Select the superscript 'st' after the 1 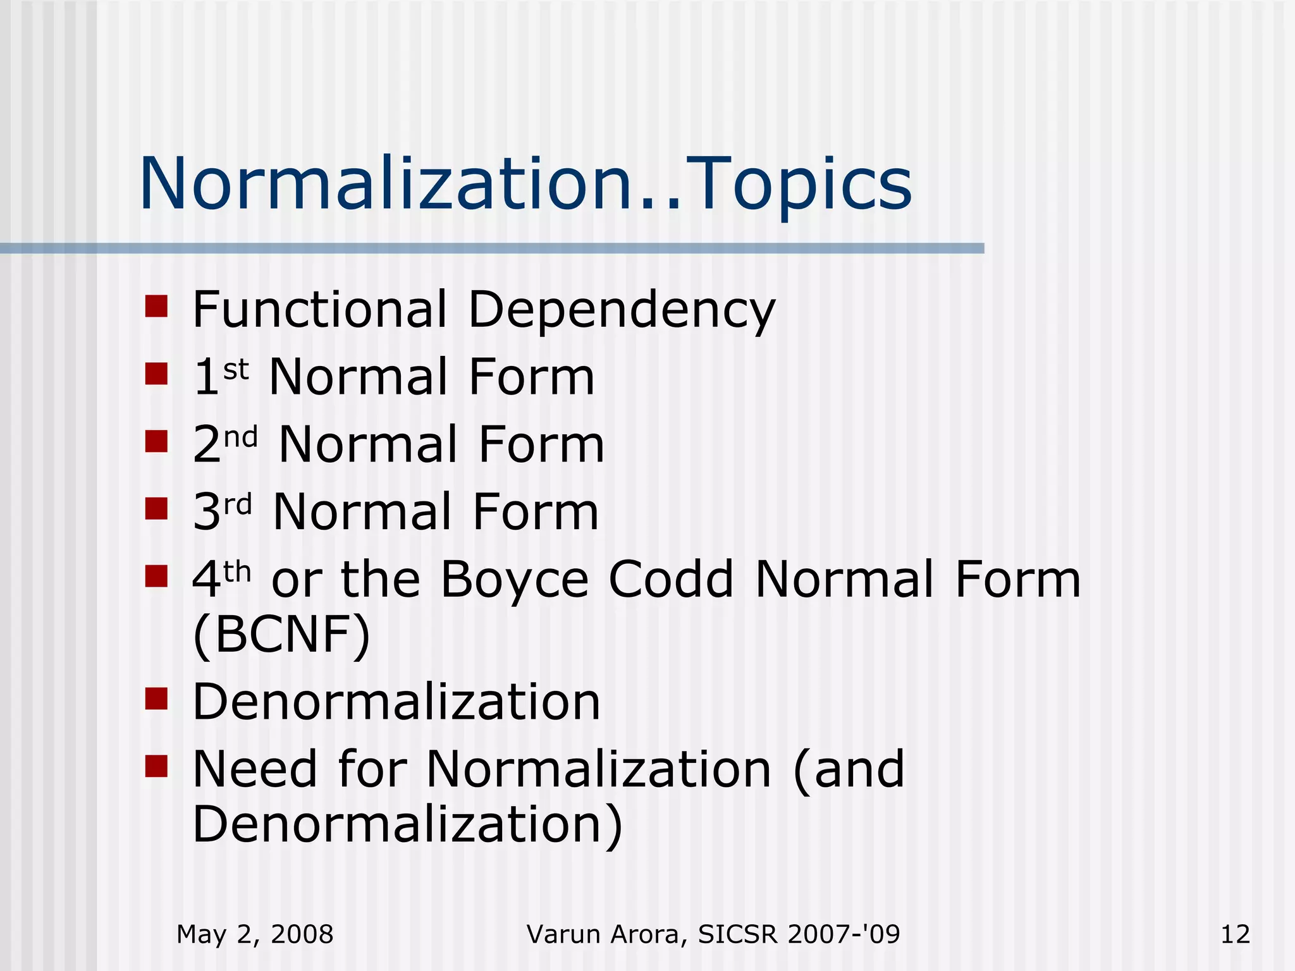pos(236,369)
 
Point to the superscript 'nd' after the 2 pos(241,437)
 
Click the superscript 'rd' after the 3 pos(238,504)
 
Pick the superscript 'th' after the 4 pos(237,572)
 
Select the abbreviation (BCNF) pos(281,635)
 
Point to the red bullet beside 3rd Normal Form pos(156,508)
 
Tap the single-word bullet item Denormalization pos(396,702)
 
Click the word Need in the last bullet pos(254,769)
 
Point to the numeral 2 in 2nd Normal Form pos(207,445)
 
